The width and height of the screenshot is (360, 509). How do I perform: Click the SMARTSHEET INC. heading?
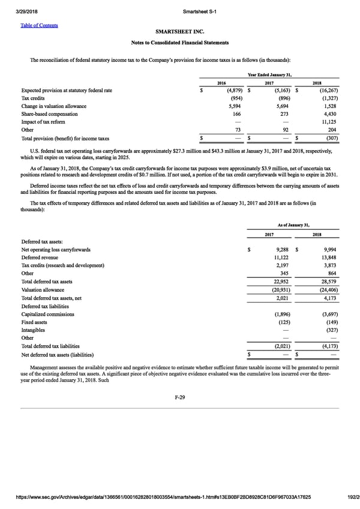pyautogui.click(x=179, y=32)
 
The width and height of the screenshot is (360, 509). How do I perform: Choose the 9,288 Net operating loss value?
pyautogui.click(x=281, y=249)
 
